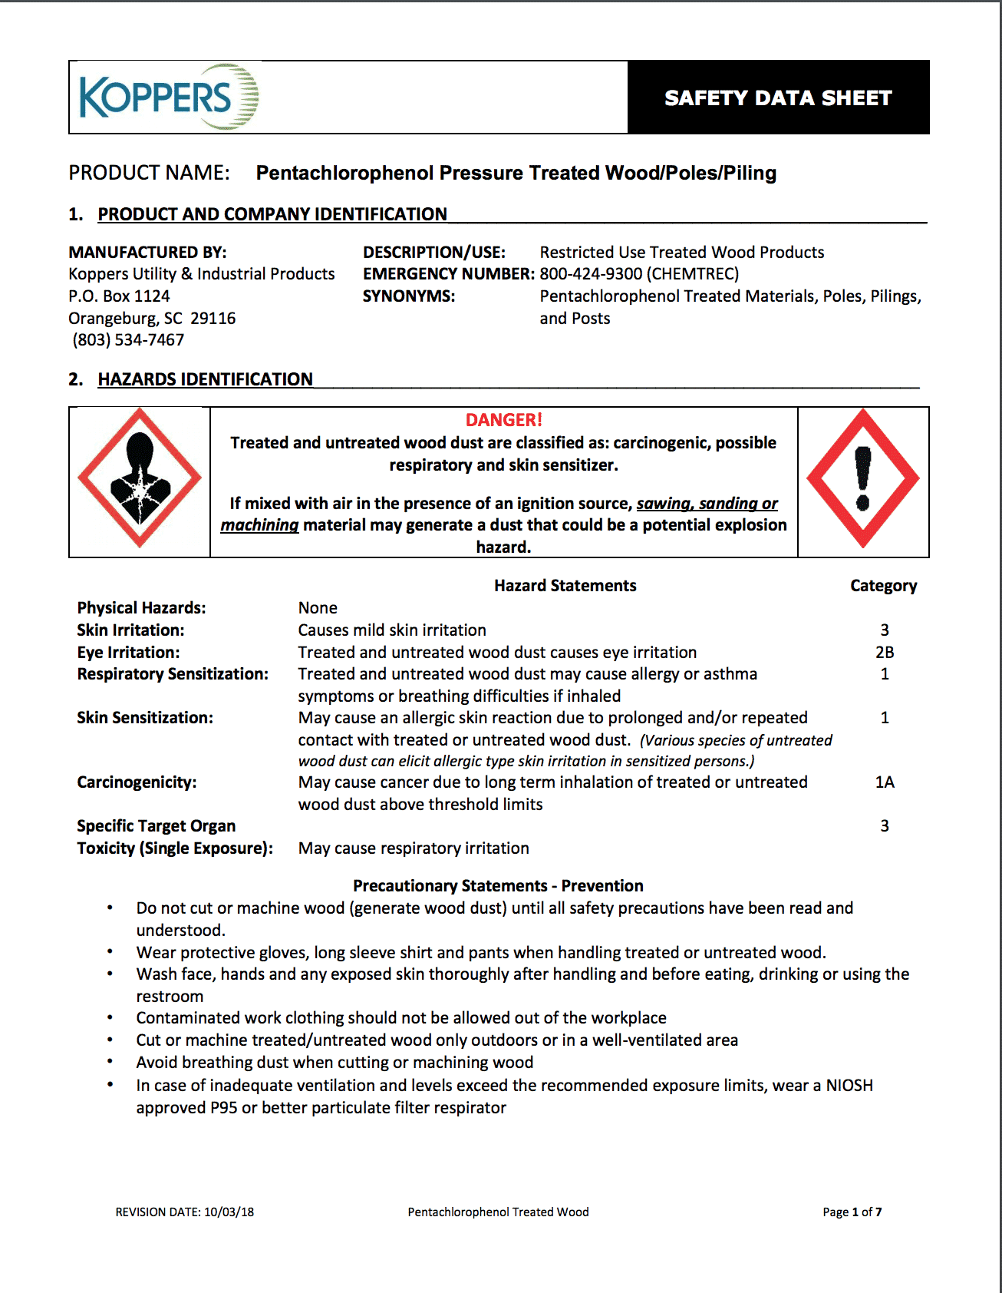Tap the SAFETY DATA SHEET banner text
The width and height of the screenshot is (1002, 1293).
[778, 98]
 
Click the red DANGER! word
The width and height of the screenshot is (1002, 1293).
[503, 420]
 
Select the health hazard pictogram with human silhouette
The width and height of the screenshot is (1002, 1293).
[140, 478]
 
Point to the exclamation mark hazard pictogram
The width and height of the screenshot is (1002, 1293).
[863, 478]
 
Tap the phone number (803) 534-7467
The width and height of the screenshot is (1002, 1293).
[128, 340]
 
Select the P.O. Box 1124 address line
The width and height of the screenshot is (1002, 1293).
[119, 296]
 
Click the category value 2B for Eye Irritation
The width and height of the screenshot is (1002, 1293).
[885, 653]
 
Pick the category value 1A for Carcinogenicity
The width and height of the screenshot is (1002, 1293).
[885, 782]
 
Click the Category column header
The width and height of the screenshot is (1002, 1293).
[883, 586]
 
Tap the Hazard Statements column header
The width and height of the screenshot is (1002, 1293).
[565, 586]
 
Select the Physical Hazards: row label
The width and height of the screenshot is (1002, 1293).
[141, 608]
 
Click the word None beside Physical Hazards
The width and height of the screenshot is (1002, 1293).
[318, 608]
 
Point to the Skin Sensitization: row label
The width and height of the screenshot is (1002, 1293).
[145, 718]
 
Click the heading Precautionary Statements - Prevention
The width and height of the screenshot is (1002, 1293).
[498, 886]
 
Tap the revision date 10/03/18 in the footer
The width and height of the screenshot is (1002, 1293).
[229, 1212]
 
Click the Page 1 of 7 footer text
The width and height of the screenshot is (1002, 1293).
[852, 1212]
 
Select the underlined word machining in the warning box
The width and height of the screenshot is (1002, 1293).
[259, 525]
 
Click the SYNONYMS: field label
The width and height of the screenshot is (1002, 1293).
[409, 296]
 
